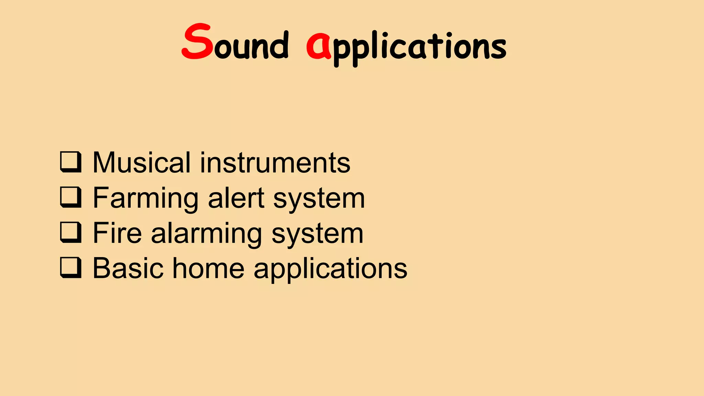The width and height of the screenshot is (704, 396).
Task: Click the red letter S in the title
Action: (x=197, y=42)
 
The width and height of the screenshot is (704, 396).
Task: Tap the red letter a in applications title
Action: (x=318, y=46)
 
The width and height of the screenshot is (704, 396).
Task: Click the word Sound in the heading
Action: (x=235, y=43)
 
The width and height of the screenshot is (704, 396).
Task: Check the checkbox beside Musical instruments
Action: (x=71, y=162)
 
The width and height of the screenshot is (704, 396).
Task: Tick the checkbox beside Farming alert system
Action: (x=71, y=197)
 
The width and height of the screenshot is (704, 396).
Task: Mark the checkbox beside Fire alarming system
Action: (x=71, y=232)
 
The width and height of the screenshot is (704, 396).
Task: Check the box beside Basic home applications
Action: (x=71, y=267)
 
